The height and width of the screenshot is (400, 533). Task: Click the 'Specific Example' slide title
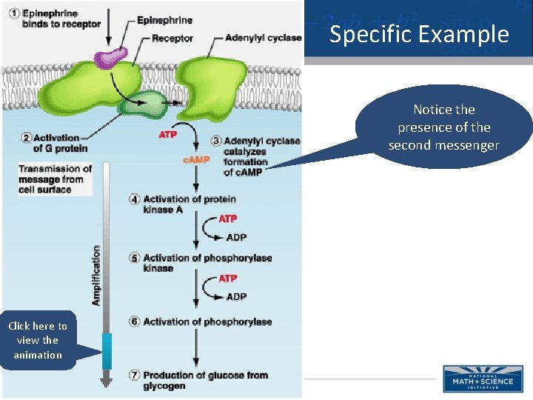coord(419,35)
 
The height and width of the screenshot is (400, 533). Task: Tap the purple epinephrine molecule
coord(110,54)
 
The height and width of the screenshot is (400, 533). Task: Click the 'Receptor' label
coord(172,39)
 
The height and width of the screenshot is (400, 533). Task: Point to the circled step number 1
coord(14,14)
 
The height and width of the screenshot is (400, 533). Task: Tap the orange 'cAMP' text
coord(195,160)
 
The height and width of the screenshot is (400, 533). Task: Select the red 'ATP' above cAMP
coord(168,135)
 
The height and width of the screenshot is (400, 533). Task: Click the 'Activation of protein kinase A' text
coord(189,204)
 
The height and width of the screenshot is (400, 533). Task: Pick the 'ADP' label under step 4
coord(236,238)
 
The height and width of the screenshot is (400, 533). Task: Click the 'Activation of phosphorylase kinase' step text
coord(207,263)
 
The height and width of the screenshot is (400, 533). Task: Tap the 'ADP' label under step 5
coord(236,297)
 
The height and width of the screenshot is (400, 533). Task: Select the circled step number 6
coord(134,321)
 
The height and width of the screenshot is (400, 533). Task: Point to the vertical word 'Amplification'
coord(96,276)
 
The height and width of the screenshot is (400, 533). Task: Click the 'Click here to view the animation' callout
coord(38,341)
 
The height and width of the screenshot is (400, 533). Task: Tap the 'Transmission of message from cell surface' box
coord(56,179)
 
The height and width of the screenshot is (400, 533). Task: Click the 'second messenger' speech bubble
coord(443,127)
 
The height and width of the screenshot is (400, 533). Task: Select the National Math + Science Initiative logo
coord(483,378)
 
